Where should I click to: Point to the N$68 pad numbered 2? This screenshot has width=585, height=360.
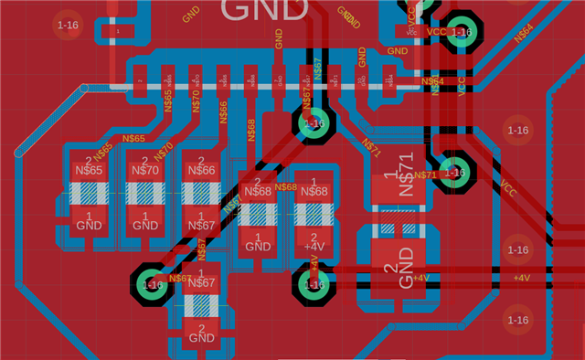click(x=258, y=189)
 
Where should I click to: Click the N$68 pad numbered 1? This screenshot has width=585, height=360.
click(x=314, y=189)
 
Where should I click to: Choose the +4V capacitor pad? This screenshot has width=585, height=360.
click(x=314, y=243)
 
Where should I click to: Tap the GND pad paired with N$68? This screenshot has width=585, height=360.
click(x=258, y=243)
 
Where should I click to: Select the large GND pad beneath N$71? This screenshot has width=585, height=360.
click(x=399, y=265)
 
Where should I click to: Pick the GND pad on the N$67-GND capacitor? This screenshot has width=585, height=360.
click(x=200, y=334)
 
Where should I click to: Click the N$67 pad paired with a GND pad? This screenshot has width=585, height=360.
click(x=200, y=281)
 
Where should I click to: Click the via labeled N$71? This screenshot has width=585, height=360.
click(x=452, y=172)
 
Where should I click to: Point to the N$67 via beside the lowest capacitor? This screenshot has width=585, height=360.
click(x=151, y=284)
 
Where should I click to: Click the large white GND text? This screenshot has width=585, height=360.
click(x=265, y=10)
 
